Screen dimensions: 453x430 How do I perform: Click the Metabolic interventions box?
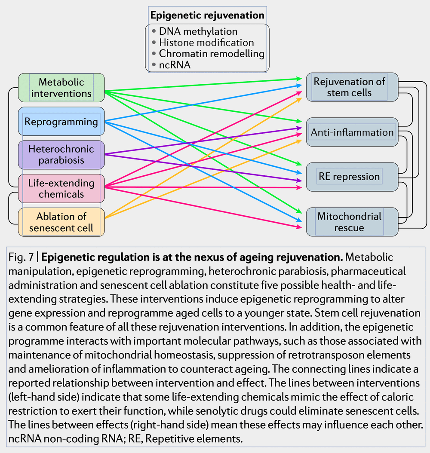(x=61, y=88)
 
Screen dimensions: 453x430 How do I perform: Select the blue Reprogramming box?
(x=61, y=122)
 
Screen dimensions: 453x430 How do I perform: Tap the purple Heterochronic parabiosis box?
(x=61, y=155)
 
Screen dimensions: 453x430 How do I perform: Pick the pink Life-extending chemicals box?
(x=61, y=188)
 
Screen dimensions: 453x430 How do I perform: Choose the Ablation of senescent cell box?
(x=61, y=222)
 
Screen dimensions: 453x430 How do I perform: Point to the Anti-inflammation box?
(x=352, y=132)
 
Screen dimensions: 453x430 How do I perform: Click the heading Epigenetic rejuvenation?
(x=207, y=15)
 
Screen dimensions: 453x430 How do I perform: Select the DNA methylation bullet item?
(x=198, y=31)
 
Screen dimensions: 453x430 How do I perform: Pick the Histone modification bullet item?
(x=206, y=43)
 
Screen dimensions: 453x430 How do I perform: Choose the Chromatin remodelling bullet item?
(x=211, y=54)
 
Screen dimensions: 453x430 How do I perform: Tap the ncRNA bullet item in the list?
(x=174, y=65)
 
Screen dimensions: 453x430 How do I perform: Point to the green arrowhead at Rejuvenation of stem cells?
(x=299, y=79)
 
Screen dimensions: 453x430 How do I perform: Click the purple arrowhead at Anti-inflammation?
(x=299, y=128)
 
